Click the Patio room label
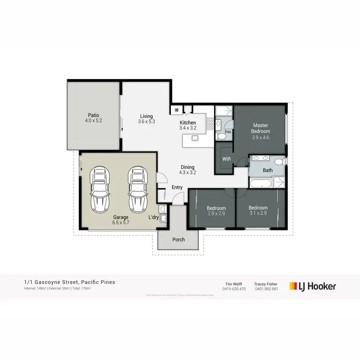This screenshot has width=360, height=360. pyautogui.click(x=93, y=115)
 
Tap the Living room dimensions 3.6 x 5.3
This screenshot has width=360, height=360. pyautogui.click(x=146, y=122)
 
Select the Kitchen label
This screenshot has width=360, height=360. pyautogui.click(x=188, y=122)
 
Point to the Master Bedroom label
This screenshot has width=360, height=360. pyautogui.click(x=261, y=128)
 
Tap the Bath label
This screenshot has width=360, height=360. pyautogui.click(x=267, y=170)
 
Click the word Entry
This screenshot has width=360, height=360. pyautogui.click(x=177, y=187)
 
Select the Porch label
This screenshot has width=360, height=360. pyautogui.click(x=179, y=240)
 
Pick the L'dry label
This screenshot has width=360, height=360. pyautogui.click(x=154, y=217)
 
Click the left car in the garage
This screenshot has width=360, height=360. pyautogui.click(x=100, y=190)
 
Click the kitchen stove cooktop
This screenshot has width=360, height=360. pyautogui.click(x=210, y=124)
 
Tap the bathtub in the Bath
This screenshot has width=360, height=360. pyautogui.click(x=260, y=183)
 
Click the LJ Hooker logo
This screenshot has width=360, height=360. pyautogui.click(x=312, y=286)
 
